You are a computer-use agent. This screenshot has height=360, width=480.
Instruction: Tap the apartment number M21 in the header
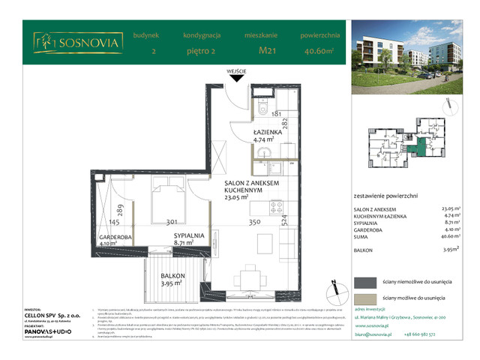pos(265,52)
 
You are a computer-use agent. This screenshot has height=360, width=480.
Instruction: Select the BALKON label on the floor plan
pos(173,276)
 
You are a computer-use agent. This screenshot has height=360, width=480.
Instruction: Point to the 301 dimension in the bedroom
pos(172,223)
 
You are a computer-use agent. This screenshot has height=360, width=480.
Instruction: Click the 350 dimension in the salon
pos(254,223)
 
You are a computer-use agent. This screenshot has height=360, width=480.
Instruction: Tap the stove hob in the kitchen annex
pos(275,208)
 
